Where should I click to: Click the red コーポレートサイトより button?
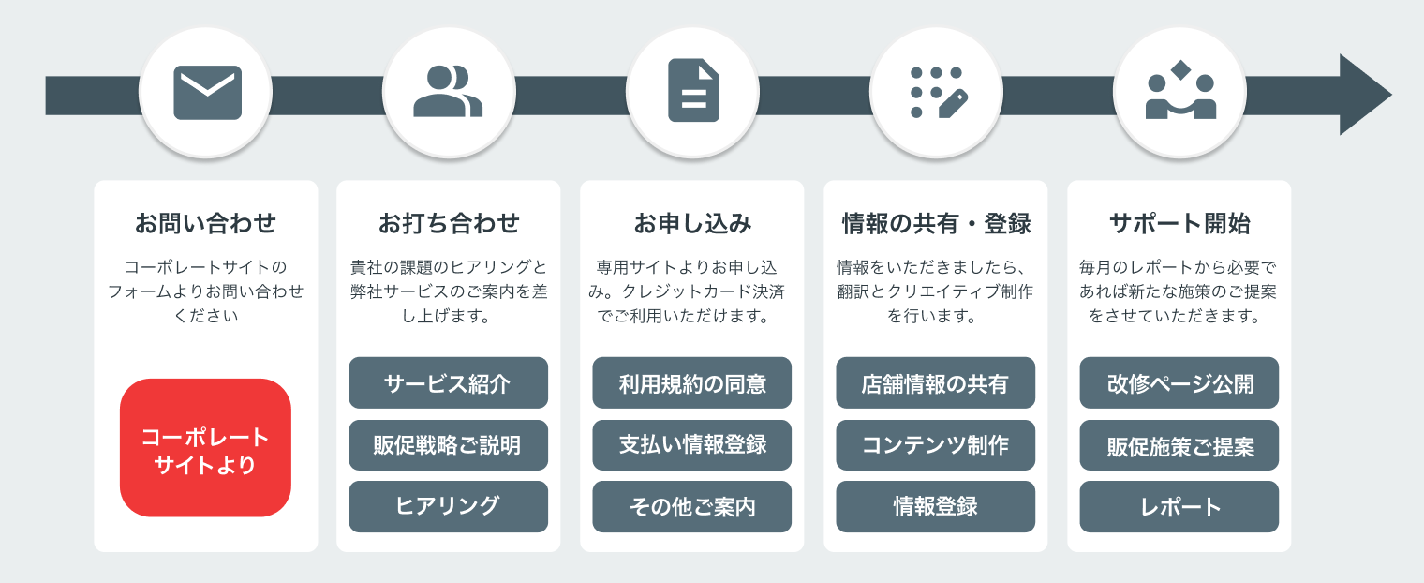(x=205, y=448)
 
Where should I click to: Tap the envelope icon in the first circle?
(x=207, y=93)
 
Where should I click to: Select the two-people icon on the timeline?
(x=448, y=93)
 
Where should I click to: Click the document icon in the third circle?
(x=693, y=91)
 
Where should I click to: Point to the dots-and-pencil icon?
(x=937, y=93)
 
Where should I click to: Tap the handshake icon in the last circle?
(x=1180, y=93)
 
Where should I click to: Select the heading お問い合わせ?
(x=206, y=224)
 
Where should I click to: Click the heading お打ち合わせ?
(x=449, y=224)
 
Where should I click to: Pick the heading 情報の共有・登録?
(x=936, y=224)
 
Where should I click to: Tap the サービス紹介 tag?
(x=448, y=383)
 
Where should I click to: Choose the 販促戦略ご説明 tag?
(x=448, y=445)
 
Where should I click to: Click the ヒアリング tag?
(x=448, y=506)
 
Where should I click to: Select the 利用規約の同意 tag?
(x=692, y=383)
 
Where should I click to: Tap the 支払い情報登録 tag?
(x=692, y=445)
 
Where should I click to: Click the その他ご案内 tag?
(x=692, y=506)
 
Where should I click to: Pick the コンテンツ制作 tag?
(x=936, y=445)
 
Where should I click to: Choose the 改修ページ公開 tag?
(x=1179, y=383)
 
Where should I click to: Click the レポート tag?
(x=1179, y=506)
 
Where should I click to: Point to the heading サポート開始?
(x=1179, y=224)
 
